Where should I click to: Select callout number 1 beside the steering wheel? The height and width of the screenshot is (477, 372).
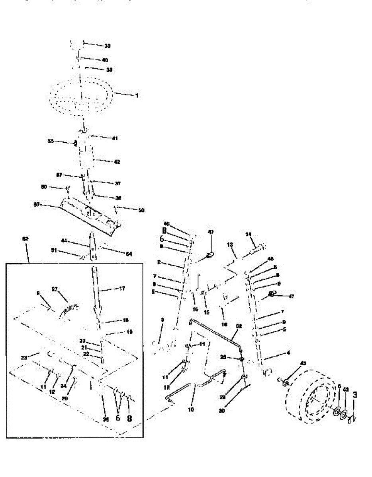(137, 96)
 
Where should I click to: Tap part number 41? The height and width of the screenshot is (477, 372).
(115, 139)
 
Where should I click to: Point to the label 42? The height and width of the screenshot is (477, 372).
(117, 162)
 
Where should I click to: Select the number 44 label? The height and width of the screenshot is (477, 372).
(63, 240)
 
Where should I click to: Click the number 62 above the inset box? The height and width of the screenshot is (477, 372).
(25, 239)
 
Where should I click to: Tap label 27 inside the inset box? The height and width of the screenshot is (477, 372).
(55, 289)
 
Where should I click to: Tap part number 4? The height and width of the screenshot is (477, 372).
(288, 352)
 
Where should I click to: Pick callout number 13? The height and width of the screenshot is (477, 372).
(230, 245)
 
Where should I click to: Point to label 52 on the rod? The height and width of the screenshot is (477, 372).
(239, 326)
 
